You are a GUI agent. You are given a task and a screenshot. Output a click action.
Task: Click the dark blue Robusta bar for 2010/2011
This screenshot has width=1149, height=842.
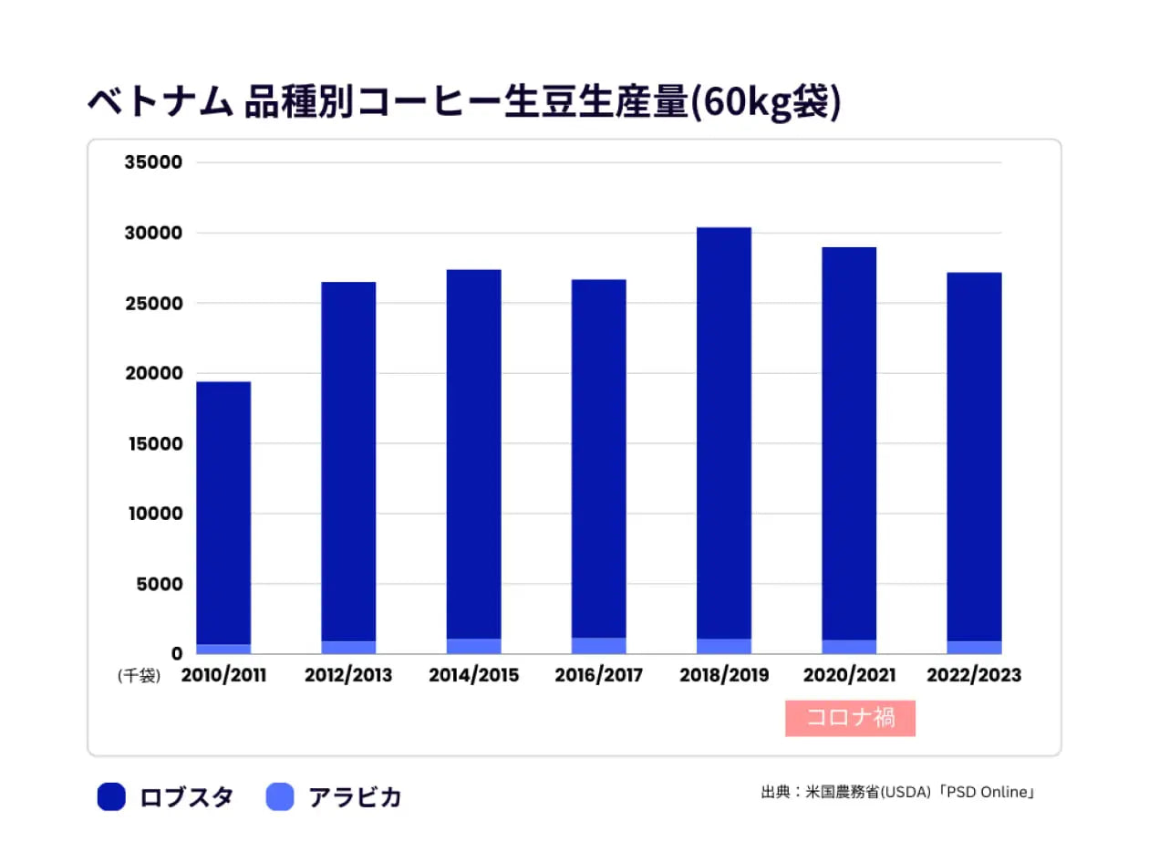pyautogui.click(x=223, y=511)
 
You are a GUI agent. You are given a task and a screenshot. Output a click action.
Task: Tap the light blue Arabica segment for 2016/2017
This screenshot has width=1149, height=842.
pyautogui.click(x=598, y=646)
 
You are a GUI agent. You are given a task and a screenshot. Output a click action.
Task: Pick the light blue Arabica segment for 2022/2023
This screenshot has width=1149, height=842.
pyautogui.click(x=974, y=648)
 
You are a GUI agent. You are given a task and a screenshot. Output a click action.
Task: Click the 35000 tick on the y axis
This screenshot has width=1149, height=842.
pyautogui.click(x=153, y=162)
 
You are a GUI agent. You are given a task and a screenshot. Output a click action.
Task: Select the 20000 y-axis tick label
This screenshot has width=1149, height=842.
pyautogui.click(x=153, y=373)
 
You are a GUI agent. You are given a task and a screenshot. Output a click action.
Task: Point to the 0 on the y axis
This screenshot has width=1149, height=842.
pyautogui.click(x=176, y=653)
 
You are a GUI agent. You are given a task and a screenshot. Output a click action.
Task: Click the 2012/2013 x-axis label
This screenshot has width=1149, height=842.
pyautogui.click(x=348, y=676)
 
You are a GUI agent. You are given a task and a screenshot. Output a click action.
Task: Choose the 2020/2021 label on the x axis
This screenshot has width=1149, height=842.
pyautogui.click(x=849, y=676)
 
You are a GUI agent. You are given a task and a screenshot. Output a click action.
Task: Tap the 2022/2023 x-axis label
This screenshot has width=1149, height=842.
pyautogui.click(x=974, y=676)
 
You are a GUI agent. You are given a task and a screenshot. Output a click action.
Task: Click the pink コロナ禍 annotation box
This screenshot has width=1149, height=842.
pyautogui.click(x=850, y=718)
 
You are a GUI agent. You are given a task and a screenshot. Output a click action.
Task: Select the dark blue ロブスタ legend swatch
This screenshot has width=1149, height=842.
pyautogui.click(x=111, y=797)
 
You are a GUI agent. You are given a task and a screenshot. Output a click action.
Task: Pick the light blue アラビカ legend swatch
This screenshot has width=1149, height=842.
pyautogui.click(x=280, y=797)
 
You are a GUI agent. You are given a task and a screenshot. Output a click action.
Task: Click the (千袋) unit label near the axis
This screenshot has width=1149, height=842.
pyautogui.click(x=139, y=676)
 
